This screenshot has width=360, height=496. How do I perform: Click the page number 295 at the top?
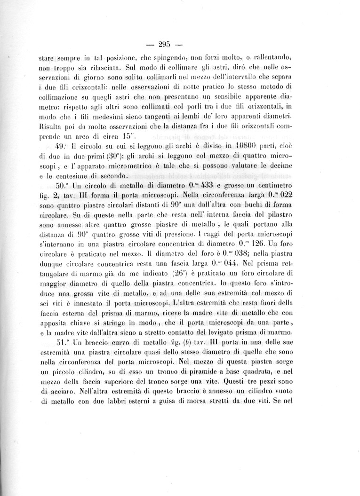click(164, 46)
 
